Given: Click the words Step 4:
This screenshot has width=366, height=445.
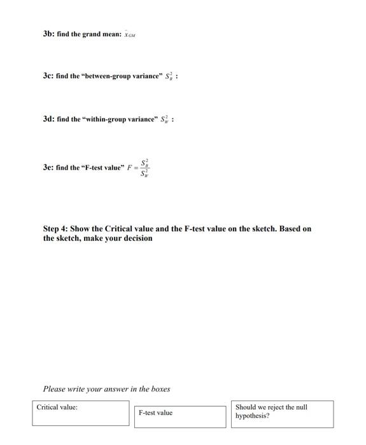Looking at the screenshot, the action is pos(59,229).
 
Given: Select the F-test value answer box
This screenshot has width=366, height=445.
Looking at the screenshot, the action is pos(181,416).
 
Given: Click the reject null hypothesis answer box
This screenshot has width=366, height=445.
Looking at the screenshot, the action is pos(283,413).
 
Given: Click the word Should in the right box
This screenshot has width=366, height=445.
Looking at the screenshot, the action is pos(247,407).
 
